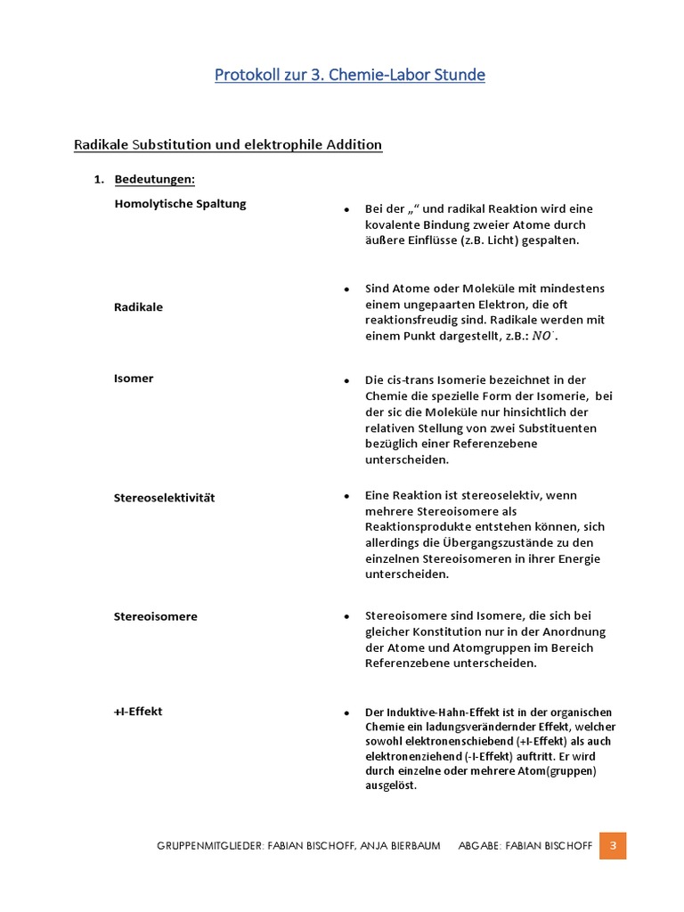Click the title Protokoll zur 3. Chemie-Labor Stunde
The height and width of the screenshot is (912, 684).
(349, 75)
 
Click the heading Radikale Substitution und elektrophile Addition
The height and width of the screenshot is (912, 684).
(227, 144)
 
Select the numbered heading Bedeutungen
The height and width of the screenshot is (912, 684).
(154, 180)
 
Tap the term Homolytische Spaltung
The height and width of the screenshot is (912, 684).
(180, 203)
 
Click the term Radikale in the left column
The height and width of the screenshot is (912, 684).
(138, 306)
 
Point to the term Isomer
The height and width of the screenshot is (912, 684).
(134, 379)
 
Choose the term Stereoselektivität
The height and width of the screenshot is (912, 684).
(164, 497)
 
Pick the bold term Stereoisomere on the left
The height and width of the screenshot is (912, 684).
(156, 616)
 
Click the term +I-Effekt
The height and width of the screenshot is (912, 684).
(138, 712)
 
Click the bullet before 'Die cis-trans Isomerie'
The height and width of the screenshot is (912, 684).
(346, 380)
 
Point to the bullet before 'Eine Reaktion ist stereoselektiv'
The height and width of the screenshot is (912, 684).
(346, 495)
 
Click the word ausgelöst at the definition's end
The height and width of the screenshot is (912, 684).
(390, 786)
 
